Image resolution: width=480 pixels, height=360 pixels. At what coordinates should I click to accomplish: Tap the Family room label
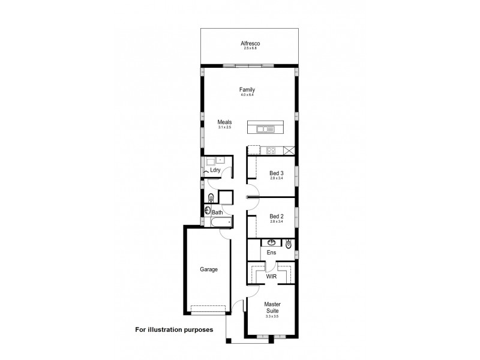click(x=247, y=90)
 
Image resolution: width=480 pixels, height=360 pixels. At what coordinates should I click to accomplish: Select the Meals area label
click(x=224, y=122)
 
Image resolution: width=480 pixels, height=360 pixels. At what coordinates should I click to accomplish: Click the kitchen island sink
click(x=265, y=128)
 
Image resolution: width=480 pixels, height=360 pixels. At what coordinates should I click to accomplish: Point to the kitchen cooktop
click(x=271, y=150)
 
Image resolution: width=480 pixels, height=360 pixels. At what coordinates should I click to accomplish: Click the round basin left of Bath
click(x=208, y=211)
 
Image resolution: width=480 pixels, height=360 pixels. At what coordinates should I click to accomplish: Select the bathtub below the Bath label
click(x=218, y=224)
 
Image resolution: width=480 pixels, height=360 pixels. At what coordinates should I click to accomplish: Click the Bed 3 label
click(x=277, y=173)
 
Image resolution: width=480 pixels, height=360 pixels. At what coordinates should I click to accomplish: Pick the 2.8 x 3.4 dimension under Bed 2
click(x=277, y=221)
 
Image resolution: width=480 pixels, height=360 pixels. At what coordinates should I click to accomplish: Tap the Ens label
click(x=271, y=253)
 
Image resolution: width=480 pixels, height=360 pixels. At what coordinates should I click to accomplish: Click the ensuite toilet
click(x=289, y=244)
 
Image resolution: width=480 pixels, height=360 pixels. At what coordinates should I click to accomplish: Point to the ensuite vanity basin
click(x=271, y=243)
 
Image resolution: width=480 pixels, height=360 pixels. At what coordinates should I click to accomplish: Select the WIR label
click(x=271, y=277)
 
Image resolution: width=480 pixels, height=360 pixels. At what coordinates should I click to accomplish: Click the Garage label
click(x=209, y=269)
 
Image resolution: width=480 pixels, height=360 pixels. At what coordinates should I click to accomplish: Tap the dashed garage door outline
click(x=208, y=310)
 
